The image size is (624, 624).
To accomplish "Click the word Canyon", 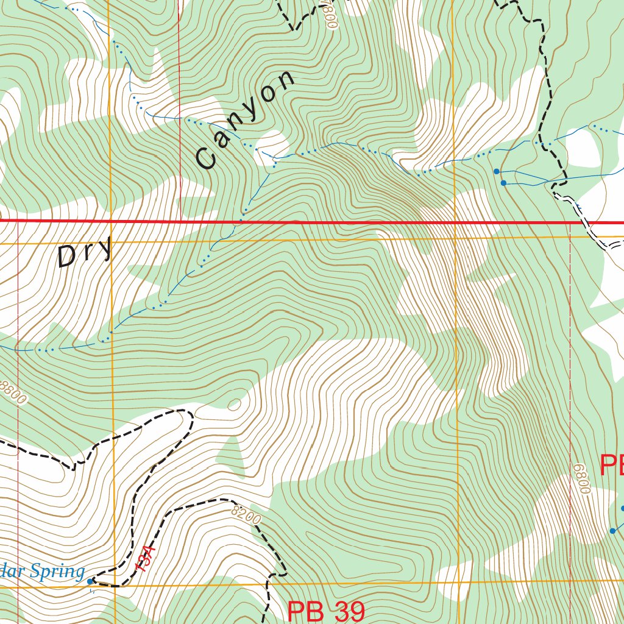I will (x=246, y=120).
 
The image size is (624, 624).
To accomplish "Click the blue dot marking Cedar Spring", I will (x=90, y=581).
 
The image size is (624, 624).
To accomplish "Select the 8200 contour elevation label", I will (x=246, y=515).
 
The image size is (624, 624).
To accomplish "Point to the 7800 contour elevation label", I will (x=329, y=15).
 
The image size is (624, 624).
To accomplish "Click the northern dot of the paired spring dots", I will (x=497, y=171).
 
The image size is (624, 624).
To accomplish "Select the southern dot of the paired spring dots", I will (x=503, y=183).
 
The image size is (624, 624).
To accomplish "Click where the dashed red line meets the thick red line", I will (x=180, y=222).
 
